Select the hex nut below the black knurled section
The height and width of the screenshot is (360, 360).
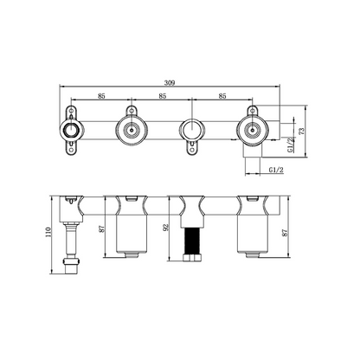[x=191, y=258]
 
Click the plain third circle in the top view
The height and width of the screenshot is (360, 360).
[x=190, y=132]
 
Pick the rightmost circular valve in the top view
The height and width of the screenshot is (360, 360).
[x=251, y=132]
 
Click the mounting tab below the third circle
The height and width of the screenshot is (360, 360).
[x=190, y=152]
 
